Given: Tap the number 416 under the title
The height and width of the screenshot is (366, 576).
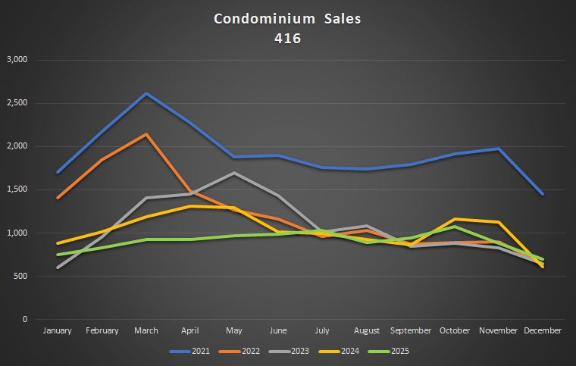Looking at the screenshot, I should pyautogui.click(x=288, y=37).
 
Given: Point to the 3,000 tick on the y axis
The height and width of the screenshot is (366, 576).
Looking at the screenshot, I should pyautogui.click(x=16, y=59).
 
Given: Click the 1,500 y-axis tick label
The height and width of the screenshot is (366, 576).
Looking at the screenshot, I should pyautogui.click(x=16, y=189).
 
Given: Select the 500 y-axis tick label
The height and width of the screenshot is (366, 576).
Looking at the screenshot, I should pyautogui.click(x=20, y=276).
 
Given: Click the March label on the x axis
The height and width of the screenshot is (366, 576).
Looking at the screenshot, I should pyautogui.click(x=146, y=330).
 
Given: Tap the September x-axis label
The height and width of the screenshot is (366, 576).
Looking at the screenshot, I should pyautogui.click(x=411, y=330).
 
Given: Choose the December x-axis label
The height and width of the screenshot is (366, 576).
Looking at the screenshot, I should pyautogui.click(x=543, y=330).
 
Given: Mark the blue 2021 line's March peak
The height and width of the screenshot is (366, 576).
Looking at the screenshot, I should pyautogui.click(x=146, y=93).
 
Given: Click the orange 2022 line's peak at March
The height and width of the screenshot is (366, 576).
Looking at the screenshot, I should pyautogui.click(x=146, y=134).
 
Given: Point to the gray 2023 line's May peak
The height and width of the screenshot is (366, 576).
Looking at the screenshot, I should pyautogui.click(x=234, y=173).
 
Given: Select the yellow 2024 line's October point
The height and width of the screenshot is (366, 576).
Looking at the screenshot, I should pyautogui.click(x=455, y=219).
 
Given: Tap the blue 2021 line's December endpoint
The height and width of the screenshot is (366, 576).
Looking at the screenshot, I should pyautogui.click(x=543, y=194).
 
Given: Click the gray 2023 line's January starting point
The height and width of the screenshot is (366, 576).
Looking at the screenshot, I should pyautogui.click(x=58, y=267).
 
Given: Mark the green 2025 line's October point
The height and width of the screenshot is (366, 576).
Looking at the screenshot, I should pyautogui.click(x=455, y=227).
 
